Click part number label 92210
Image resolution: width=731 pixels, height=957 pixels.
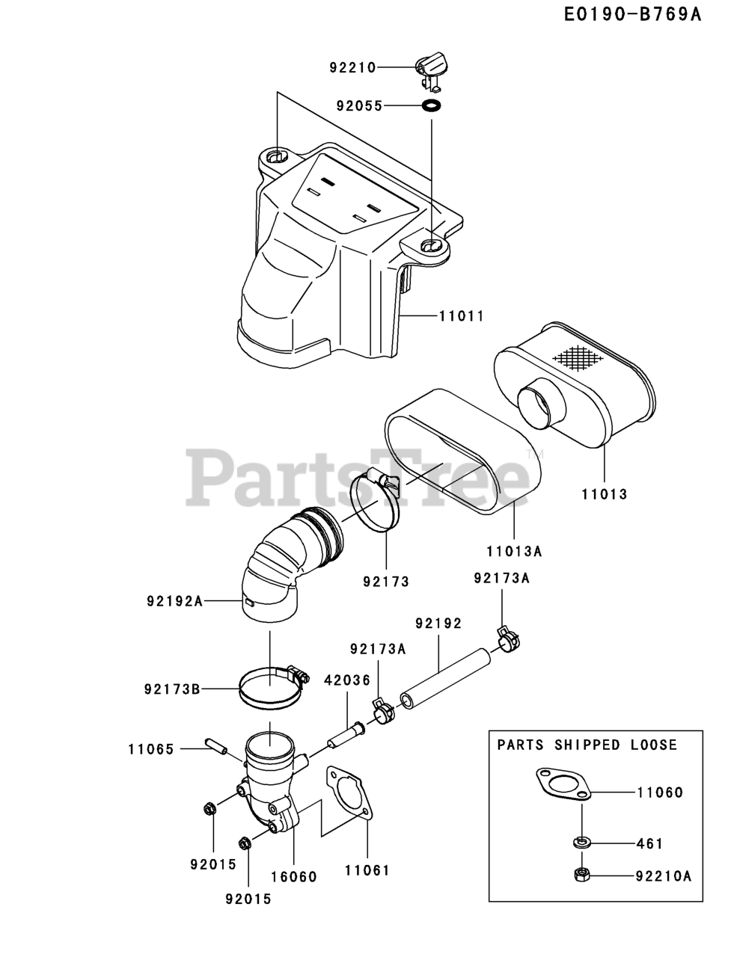pos(352,67)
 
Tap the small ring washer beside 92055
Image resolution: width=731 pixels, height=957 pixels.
pos(432,105)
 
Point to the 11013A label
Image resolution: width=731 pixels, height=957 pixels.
pos(514,551)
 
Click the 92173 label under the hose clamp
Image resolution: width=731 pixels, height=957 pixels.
pos(386,581)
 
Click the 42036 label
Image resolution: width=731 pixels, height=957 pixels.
pos(347,680)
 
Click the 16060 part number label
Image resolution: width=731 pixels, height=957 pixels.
pos(293,876)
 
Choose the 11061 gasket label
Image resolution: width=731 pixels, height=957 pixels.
pos(367,870)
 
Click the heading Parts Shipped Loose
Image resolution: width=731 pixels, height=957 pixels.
pos(587,745)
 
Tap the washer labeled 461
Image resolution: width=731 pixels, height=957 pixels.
pos(581,843)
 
